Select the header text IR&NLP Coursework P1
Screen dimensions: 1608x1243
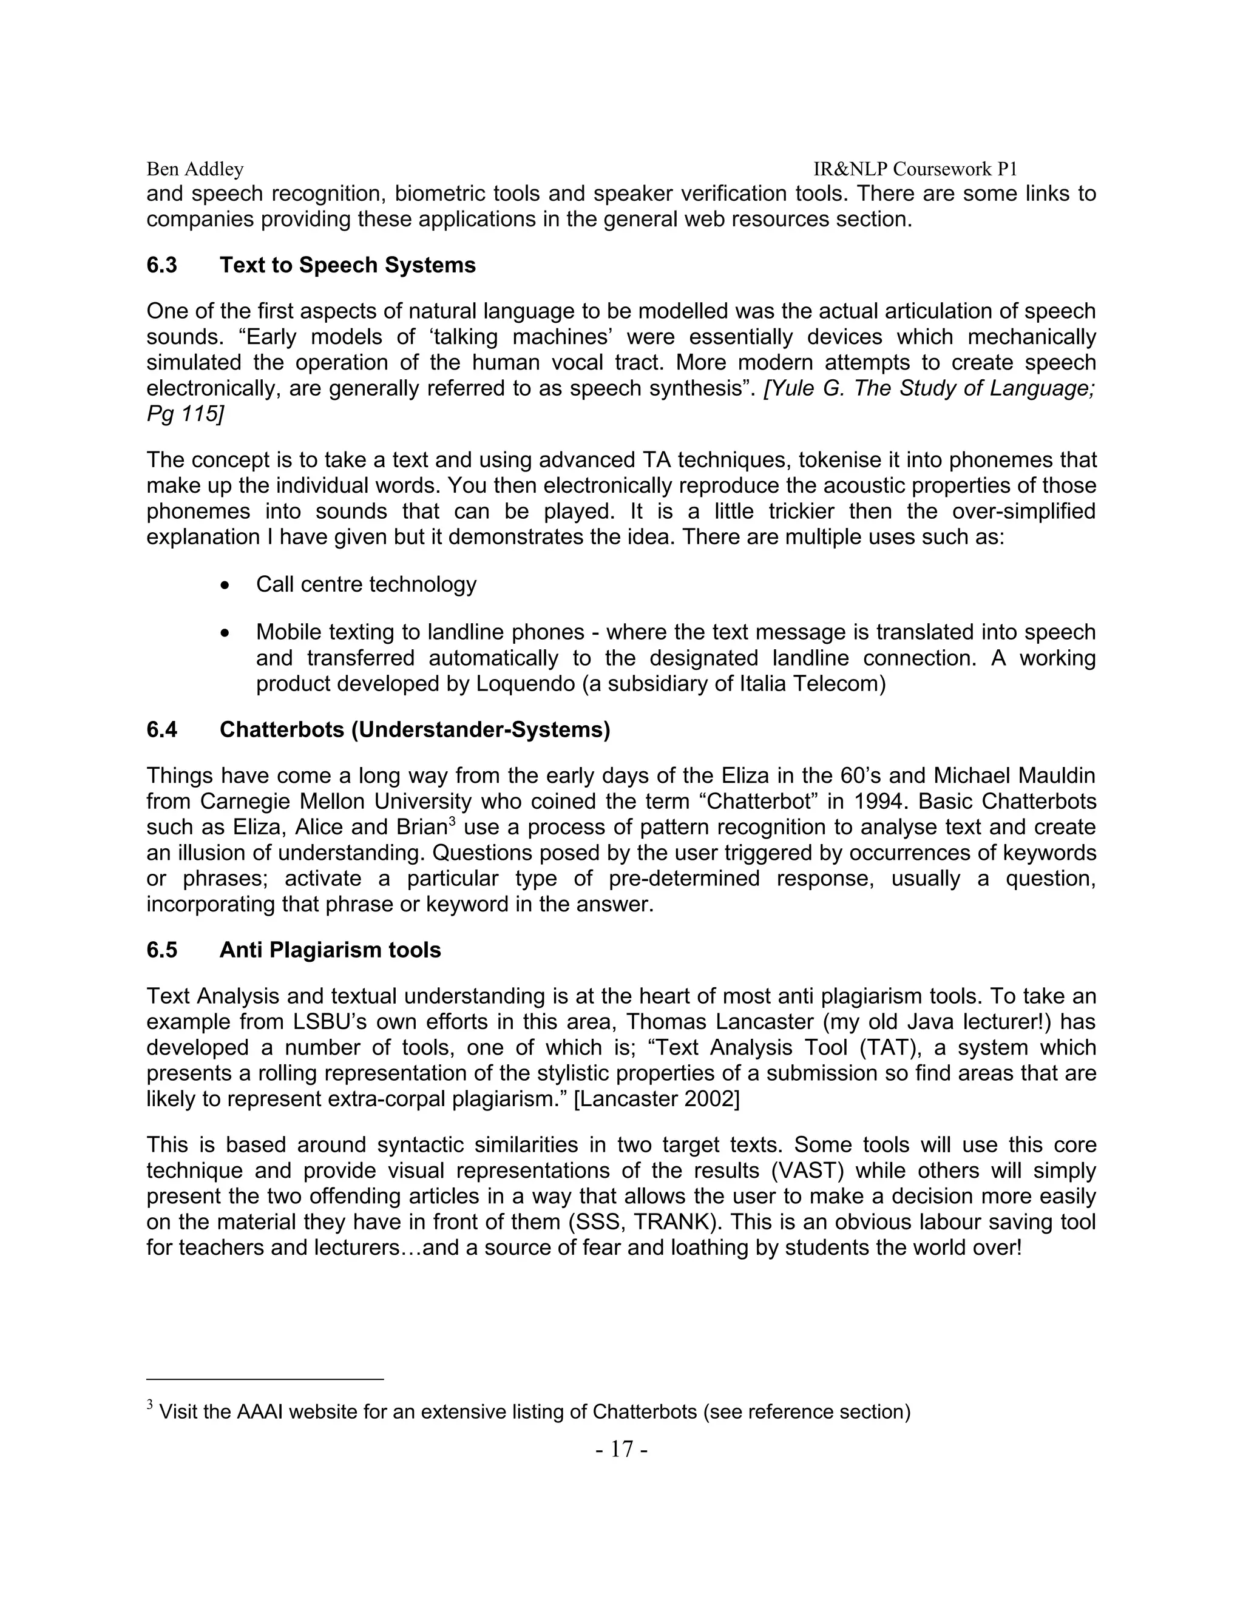point(915,169)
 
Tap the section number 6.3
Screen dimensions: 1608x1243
point(161,265)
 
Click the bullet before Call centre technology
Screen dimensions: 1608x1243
point(225,586)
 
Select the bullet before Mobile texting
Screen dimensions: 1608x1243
point(225,633)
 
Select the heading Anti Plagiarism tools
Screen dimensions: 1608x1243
point(330,950)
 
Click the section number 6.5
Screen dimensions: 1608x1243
point(161,950)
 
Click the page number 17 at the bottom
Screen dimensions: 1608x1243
point(621,1450)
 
